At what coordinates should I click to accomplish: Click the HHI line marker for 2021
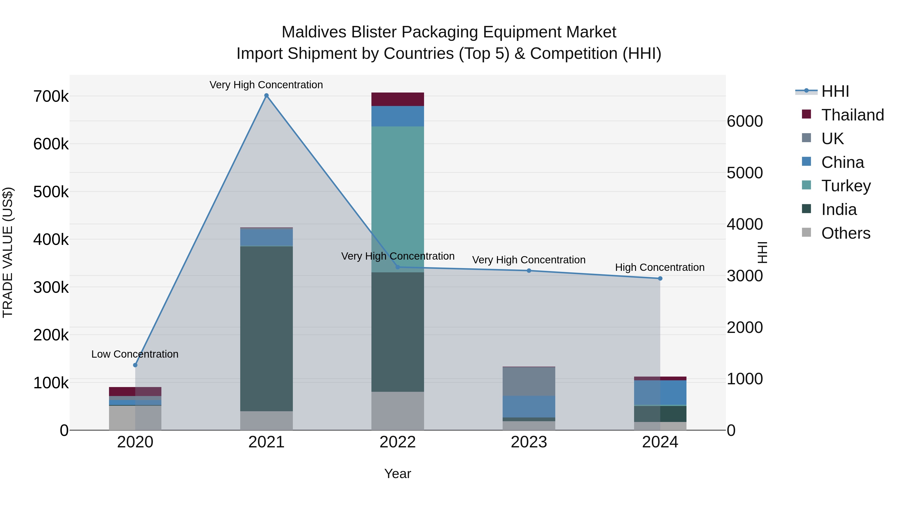pos(266,96)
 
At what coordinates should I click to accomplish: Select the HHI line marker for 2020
pos(135,365)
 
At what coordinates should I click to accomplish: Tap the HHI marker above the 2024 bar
pos(660,279)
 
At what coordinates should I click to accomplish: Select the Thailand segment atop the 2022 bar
pos(397,99)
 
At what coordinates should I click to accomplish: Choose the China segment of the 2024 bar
pos(660,393)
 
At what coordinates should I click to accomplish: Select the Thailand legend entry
pos(852,115)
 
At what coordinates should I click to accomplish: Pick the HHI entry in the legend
pos(835,91)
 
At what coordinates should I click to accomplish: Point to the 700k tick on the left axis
pos(51,97)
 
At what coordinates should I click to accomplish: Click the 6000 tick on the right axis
pos(745,121)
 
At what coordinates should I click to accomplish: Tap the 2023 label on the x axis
pos(529,442)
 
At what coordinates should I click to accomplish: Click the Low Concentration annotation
pos(135,354)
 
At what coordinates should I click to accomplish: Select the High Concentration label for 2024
pos(660,267)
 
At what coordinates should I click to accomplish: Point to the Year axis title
pos(397,474)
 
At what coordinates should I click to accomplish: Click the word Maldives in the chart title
pos(314,32)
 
